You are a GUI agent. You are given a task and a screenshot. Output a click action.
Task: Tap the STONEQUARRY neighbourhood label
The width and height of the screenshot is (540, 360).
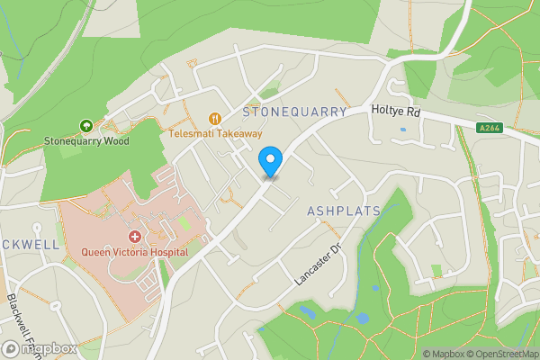294,112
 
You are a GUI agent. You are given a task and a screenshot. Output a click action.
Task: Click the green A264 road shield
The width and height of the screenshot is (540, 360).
490,129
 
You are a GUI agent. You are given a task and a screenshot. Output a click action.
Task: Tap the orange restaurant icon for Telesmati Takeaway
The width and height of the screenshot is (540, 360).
214,118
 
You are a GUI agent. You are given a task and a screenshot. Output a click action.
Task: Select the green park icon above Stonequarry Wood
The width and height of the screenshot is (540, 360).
86,126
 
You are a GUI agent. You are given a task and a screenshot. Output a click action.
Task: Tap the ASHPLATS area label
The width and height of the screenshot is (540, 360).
343,211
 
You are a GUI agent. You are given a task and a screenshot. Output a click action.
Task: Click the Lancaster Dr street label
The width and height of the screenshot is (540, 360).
319,265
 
